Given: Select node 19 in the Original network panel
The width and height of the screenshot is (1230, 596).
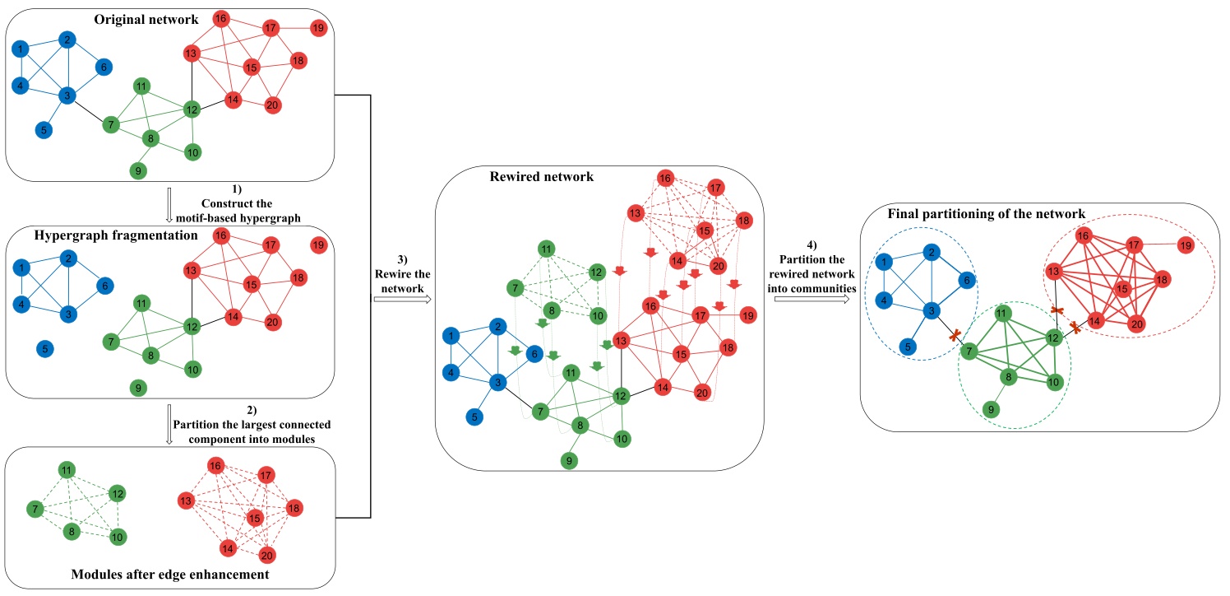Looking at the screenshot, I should click(x=318, y=29).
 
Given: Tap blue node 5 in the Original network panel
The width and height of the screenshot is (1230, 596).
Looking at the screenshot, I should click(x=44, y=130).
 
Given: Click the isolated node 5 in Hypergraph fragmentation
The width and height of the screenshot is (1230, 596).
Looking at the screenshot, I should click(x=44, y=350).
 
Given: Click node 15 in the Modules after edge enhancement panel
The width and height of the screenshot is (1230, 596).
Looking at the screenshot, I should click(x=254, y=517).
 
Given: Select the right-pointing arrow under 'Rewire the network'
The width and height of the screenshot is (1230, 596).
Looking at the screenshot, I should click(x=402, y=300).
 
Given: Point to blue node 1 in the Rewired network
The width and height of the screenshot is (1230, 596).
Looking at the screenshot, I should click(x=451, y=335).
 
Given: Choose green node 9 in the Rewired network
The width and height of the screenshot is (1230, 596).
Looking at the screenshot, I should click(x=569, y=460).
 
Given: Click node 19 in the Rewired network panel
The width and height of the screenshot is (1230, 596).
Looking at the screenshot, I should click(x=747, y=314).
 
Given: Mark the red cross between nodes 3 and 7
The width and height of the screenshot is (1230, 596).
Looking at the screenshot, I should click(x=955, y=336).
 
